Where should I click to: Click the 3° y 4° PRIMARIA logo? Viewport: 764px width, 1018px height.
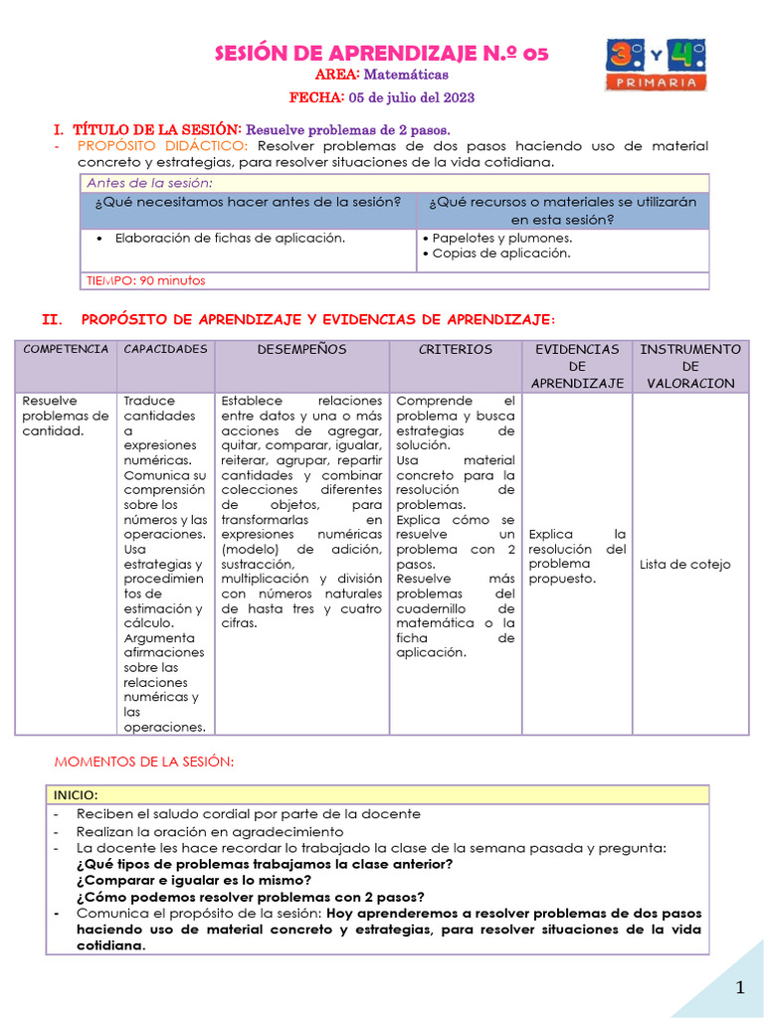tap(655, 67)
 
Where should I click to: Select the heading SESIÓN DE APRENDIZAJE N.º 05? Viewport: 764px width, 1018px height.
tap(381, 53)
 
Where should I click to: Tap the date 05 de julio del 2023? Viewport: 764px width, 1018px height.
tap(410, 97)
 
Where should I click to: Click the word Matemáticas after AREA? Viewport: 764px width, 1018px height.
tap(406, 75)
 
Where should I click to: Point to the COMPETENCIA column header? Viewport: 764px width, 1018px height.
tap(66, 350)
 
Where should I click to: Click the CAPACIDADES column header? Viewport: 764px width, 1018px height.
tap(165, 349)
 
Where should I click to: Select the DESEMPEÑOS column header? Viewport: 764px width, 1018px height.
tap(301, 350)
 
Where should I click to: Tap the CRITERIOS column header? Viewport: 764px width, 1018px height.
tap(455, 350)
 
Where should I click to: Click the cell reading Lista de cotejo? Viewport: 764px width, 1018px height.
tap(684, 564)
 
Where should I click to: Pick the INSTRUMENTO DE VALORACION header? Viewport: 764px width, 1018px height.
tap(689, 366)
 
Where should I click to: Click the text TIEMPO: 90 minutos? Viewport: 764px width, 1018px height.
tap(145, 280)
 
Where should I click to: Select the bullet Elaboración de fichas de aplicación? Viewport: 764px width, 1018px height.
tap(230, 239)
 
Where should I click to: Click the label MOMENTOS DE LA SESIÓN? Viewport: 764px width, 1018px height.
tap(143, 761)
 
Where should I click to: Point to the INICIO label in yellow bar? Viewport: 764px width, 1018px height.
tap(77, 794)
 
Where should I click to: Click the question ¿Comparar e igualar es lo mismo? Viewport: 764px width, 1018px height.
tap(193, 880)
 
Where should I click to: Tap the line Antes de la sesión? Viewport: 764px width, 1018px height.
tap(149, 183)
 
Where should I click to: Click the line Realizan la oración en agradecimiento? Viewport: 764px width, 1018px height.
tap(210, 831)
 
